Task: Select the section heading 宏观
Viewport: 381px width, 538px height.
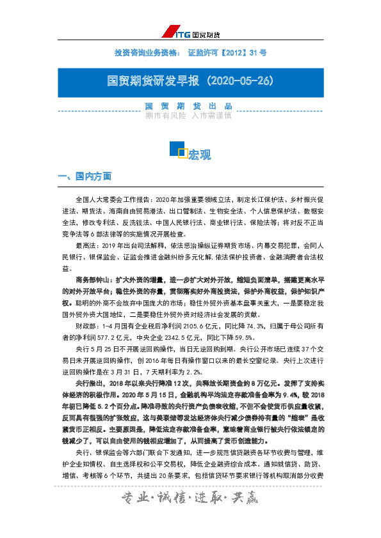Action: pos(199,155)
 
